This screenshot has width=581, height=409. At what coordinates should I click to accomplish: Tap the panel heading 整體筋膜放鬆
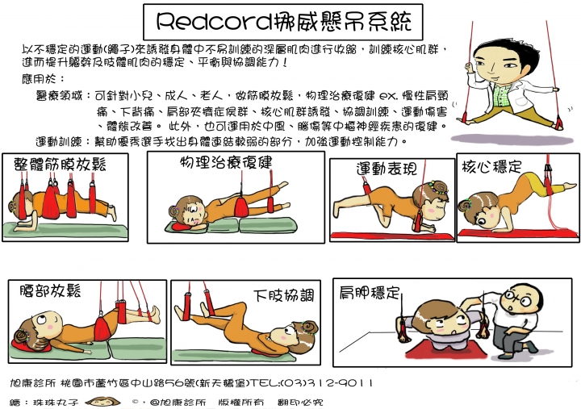coord(60,165)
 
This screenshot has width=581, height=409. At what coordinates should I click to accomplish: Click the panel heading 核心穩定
coord(491,166)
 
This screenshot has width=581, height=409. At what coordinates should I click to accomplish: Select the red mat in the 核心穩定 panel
coord(516,235)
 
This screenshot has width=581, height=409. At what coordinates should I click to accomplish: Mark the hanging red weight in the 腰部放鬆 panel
coord(102,328)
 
